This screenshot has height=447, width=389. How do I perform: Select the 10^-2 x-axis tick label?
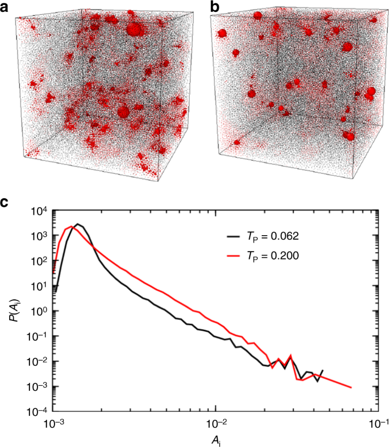[x=216, y=423]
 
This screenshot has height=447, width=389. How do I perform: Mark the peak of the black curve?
[x=78, y=224]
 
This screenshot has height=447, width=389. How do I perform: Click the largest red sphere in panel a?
[x=134, y=29]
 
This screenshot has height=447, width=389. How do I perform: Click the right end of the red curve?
[x=352, y=387]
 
